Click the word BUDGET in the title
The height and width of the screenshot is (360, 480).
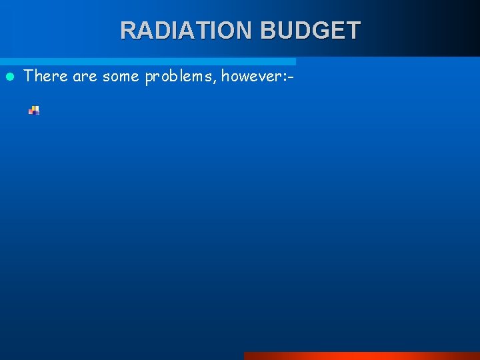coord(311,30)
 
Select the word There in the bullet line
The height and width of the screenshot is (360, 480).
coord(46,76)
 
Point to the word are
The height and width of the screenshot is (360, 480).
coord(85,76)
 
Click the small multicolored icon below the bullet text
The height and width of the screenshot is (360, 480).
coord(34,111)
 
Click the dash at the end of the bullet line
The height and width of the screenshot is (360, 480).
coord(291,77)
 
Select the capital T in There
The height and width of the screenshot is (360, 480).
coord(29,76)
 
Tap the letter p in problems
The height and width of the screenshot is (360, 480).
coord(149,78)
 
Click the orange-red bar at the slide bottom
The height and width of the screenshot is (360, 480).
coord(361,356)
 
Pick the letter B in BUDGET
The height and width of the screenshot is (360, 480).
coord(269,30)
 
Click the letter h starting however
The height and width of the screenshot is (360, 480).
coord(225,76)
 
